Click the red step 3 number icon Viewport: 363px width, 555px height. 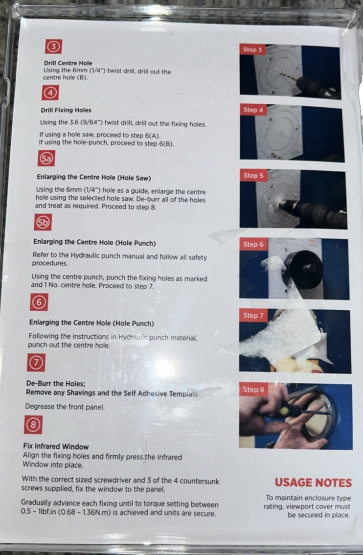pos(54,46)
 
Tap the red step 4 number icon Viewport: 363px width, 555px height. pos(50,92)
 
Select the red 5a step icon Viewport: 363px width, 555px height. pos(46,158)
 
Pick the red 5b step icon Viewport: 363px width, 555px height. pos(43,222)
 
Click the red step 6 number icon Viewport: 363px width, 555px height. pos(39,302)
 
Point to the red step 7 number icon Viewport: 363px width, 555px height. pos(36,363)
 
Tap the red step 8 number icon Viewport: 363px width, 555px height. pos(33,424)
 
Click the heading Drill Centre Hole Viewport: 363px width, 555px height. pos(68,63)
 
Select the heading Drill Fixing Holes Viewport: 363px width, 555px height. pos(66,110)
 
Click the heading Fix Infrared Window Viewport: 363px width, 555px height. pos(56,447)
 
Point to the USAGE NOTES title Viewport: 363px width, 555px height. pos(313,483)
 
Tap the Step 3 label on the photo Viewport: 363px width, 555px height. pos(252,50)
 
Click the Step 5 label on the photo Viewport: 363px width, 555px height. pos(253,176)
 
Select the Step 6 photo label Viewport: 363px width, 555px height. pos(253,244)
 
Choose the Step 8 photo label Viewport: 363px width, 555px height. pos(253,390)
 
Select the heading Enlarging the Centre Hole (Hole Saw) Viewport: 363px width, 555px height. pos(94,177)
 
